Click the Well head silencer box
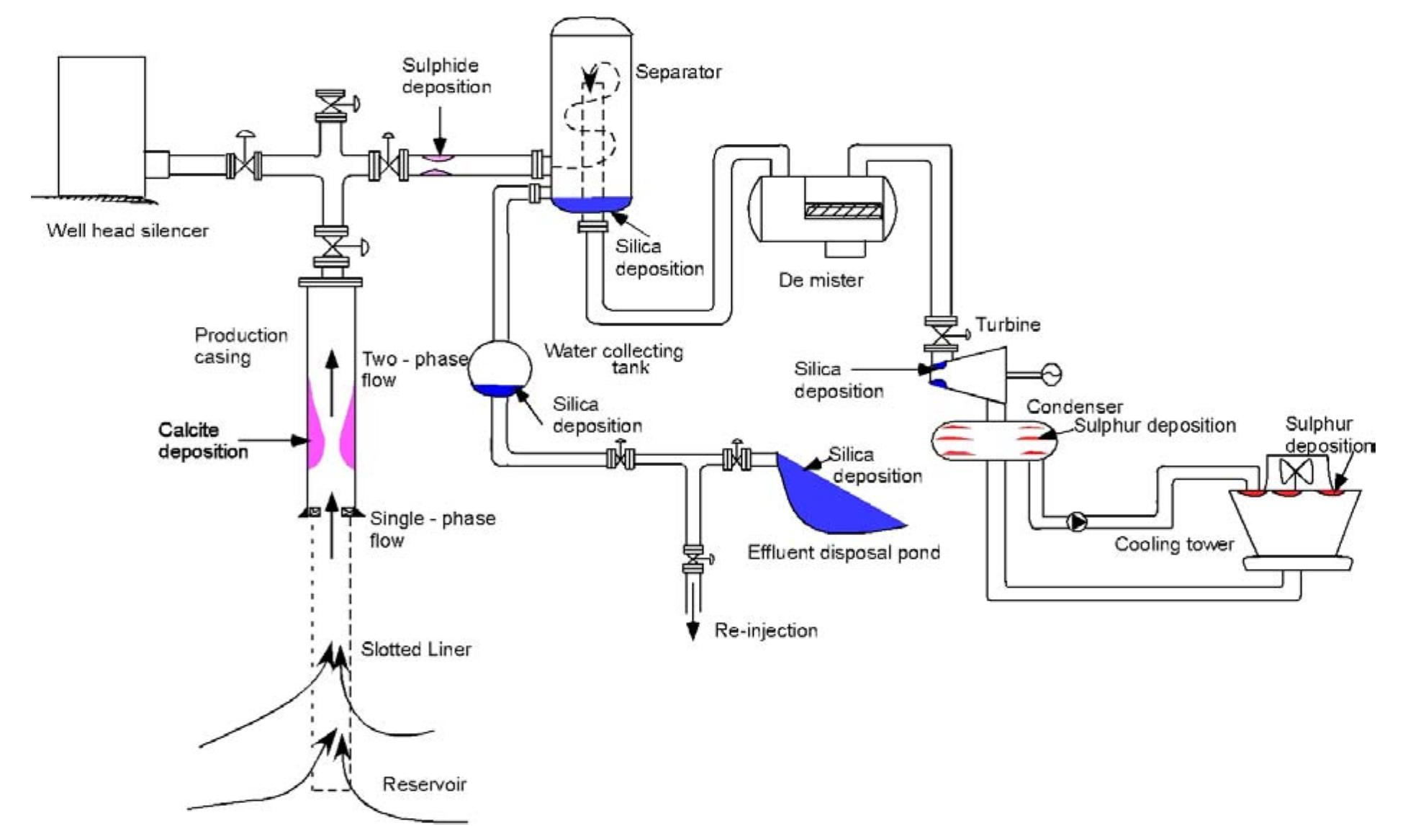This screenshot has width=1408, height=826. coord(101,126)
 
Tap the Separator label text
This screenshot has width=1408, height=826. coord(677,72)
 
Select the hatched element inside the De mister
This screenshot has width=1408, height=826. coord(843,211)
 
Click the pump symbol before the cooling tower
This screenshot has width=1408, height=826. coord(1077,521)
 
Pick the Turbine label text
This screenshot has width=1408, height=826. coord(1008,325)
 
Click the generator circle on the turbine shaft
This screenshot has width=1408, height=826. coord(1052,374)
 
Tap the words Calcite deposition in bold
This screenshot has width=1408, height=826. coord(203,441)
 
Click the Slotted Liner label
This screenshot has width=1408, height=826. coord(416,650)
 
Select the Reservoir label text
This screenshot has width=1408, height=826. coord(424,784)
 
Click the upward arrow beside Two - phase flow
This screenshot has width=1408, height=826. coord(331,382)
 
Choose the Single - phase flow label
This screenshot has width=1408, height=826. coord(432,529)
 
